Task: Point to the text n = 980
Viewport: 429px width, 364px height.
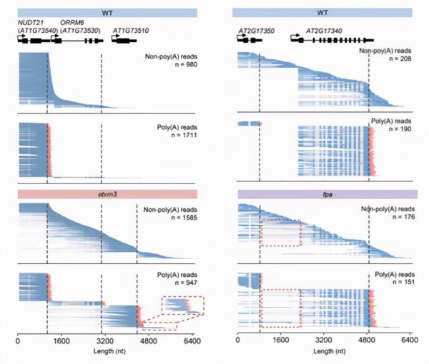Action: pyautogui.click(x=182, y=65)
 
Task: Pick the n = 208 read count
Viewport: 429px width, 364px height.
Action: pyautogui.click(x=398, y=65)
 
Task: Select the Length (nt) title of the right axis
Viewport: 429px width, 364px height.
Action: pyautogui.click(x=324, y=353)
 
